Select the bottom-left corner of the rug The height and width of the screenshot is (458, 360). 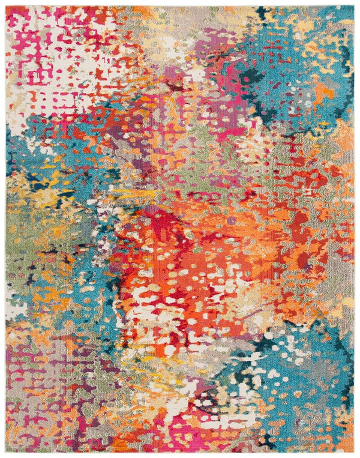6,451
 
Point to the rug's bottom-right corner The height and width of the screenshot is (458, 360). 354,451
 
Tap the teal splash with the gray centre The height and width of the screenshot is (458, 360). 288,366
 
